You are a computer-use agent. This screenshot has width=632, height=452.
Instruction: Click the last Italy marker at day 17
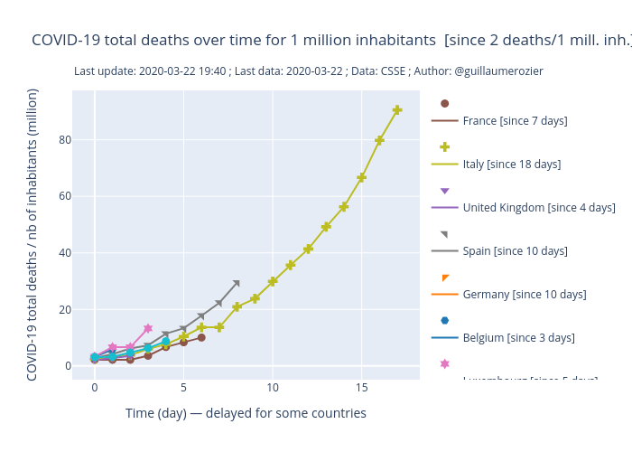(x=397, y=110)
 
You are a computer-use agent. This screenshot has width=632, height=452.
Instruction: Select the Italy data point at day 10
(x=273, y=281)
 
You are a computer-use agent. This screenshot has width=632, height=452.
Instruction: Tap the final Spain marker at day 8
(x=237, y=283)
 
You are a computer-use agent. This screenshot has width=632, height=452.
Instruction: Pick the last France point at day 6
(x=201, y=337)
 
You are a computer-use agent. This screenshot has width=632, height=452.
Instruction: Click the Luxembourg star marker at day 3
(x=148, y=328)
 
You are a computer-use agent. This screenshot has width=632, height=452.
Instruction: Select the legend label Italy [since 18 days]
(x=511, y=164)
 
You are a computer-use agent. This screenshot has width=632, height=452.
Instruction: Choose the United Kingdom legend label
(x=539, y=207)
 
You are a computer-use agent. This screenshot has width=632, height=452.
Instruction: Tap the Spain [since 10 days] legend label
(x=515, y=250)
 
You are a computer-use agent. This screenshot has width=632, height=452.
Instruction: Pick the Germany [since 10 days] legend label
(x=524, y=294)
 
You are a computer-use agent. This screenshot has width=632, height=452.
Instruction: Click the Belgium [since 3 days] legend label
(x=518, y=337)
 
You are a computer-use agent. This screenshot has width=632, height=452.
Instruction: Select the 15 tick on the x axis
(x=361, y=387)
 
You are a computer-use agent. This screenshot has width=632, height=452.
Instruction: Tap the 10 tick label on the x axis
(x=273, y=387)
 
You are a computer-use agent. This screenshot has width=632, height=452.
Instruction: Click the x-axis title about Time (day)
(x=246, y=413)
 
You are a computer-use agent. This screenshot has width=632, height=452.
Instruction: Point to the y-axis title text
(x=33, y=234)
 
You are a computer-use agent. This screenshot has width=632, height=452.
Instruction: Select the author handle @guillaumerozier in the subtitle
(x=497, y=71)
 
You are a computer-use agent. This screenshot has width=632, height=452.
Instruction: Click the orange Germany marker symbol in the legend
(x=445, y=278)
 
